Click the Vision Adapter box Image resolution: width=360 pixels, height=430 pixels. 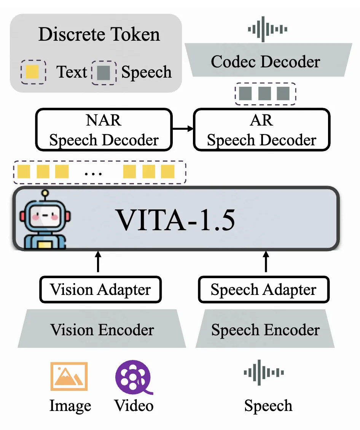point(100,290)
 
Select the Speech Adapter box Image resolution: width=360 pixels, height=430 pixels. point(264,290)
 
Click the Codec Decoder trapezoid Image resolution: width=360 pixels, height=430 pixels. point(266,61)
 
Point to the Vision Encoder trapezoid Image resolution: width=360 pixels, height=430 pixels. point(102,329)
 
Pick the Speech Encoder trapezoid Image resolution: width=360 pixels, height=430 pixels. point(265,329)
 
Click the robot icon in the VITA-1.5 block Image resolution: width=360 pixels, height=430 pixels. point(45,221)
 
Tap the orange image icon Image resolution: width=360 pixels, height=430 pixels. point(69,376)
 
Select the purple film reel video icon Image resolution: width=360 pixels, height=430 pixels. point(134,377)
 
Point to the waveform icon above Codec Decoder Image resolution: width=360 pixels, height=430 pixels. point(268,29)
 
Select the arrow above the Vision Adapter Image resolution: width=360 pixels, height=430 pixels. point(98,261)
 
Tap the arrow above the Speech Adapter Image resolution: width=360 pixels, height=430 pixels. point(266,261)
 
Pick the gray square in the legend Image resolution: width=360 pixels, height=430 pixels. point(104,72)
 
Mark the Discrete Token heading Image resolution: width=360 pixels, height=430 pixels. point(99,35)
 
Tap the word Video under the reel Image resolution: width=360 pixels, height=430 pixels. point(134,405)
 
